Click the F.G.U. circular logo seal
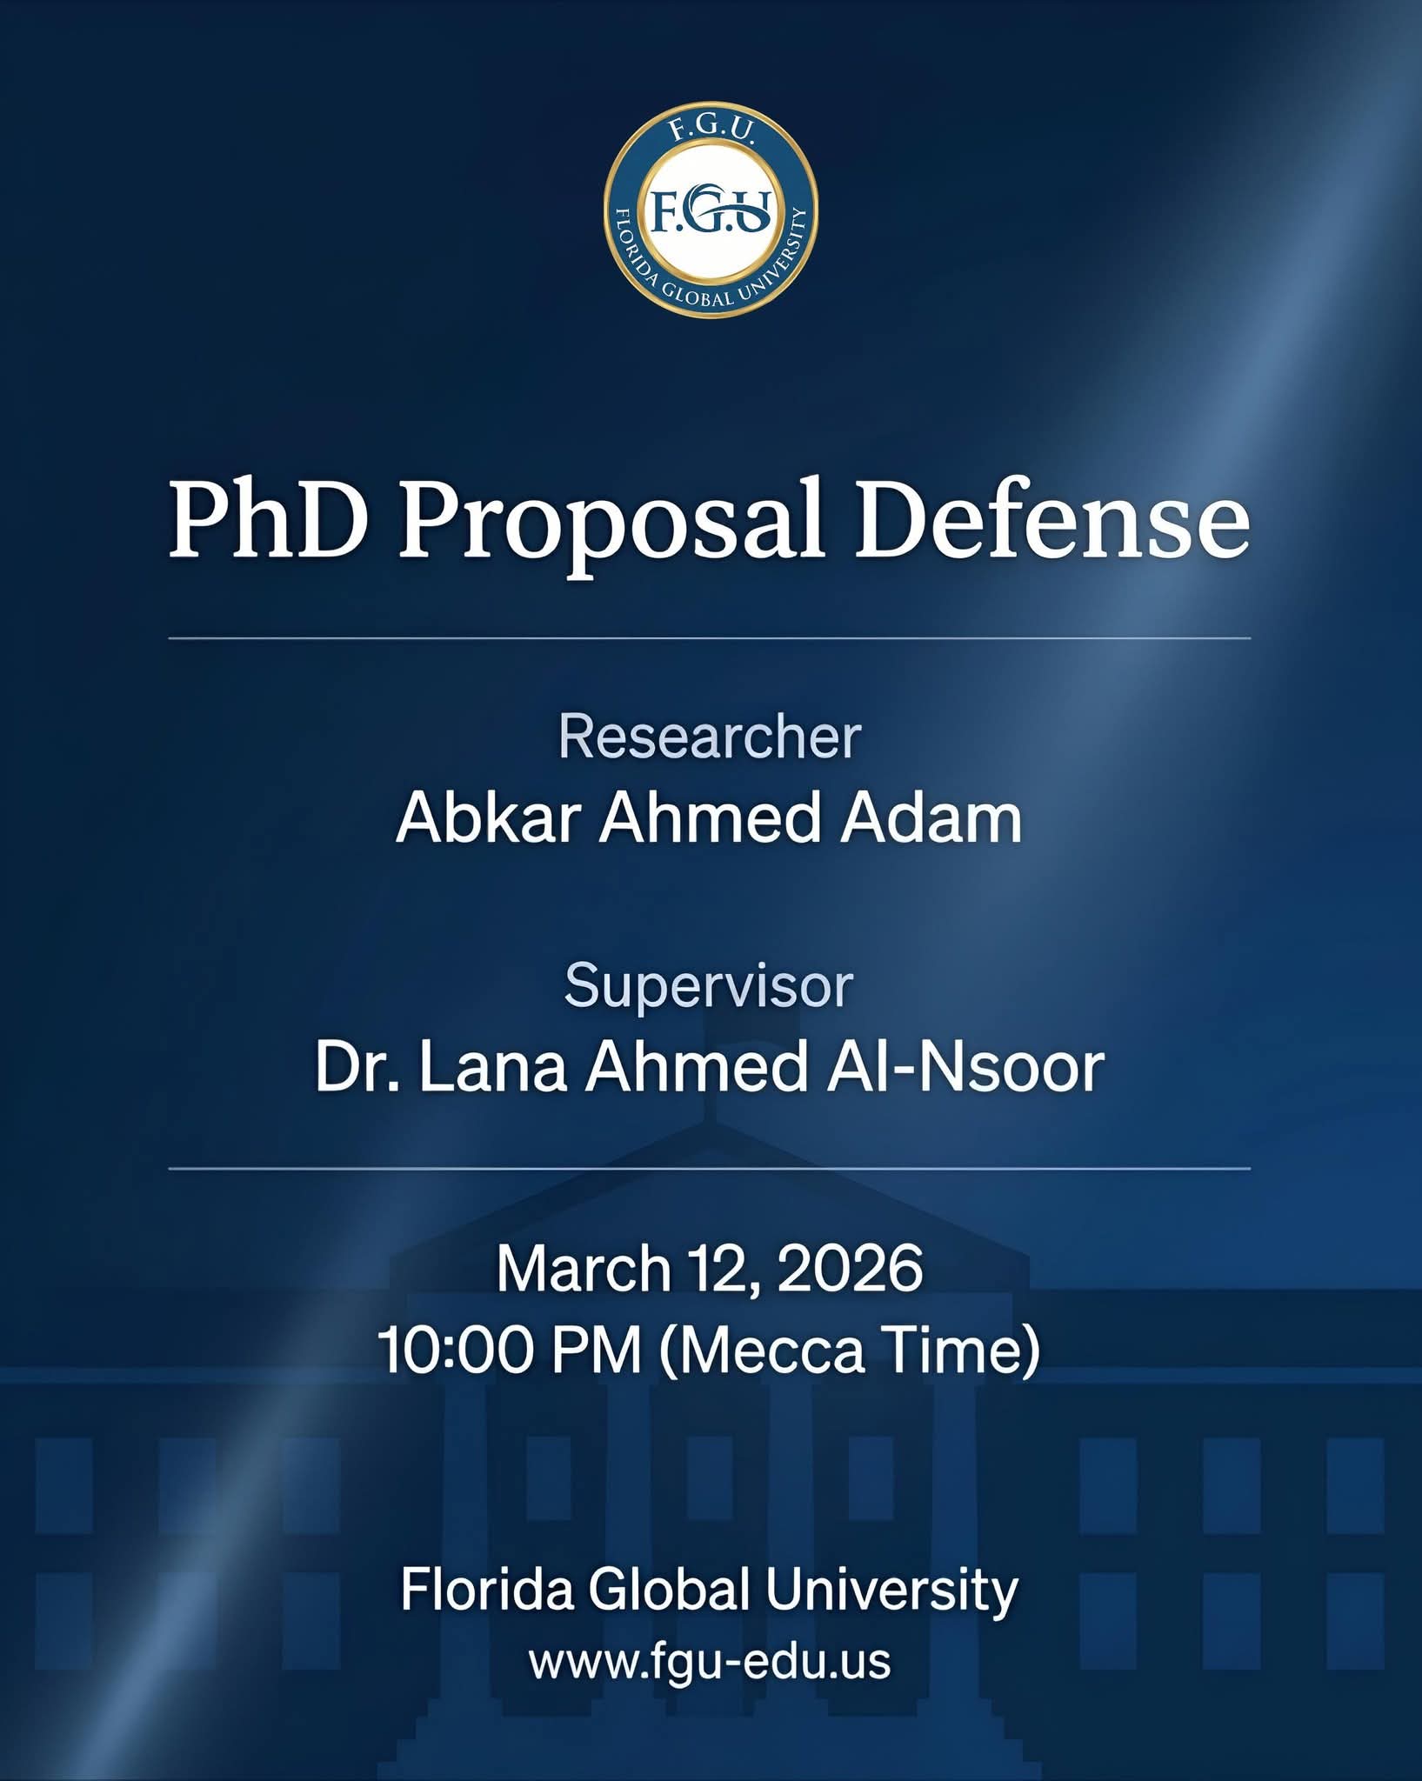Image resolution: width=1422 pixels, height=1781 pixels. coord(711,211)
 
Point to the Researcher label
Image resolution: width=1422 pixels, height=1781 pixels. coord(710,737)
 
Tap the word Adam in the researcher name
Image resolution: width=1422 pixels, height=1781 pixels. coord(930,818)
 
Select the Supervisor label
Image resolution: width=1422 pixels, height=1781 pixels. coord(709,987)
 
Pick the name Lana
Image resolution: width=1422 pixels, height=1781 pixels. coord(493,1067)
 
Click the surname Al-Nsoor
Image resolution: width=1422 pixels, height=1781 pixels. coord(965,1067)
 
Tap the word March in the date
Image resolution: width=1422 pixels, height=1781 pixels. coord(583,1269)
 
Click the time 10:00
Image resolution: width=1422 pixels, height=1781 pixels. coord(454,1351)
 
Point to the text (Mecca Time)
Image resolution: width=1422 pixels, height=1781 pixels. coord(850,1351)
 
